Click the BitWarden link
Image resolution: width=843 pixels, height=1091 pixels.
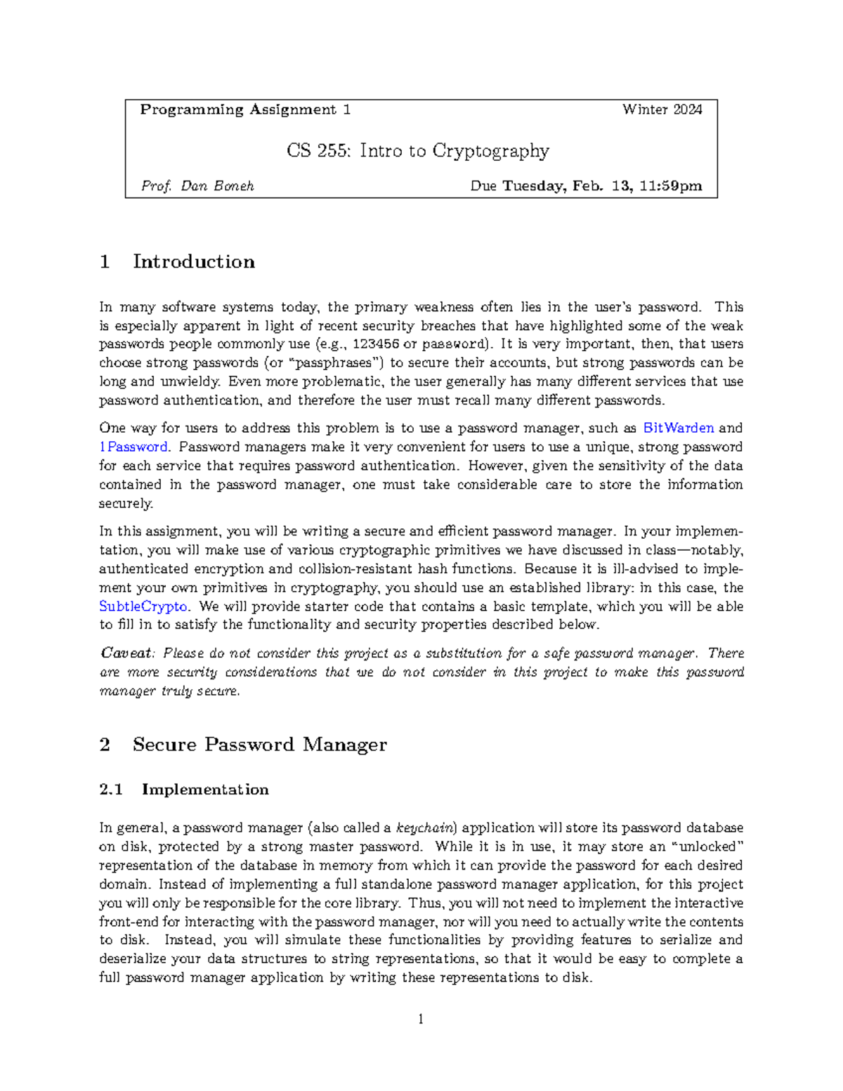679,428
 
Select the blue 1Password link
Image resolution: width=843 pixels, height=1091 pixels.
133,447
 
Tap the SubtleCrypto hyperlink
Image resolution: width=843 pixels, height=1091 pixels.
143,606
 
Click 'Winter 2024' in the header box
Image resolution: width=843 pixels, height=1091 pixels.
662,110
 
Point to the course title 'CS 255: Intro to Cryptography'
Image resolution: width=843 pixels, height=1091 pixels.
418,151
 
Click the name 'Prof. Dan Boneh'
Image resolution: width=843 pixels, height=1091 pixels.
197,186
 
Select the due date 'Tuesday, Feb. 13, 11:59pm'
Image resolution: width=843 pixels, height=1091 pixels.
602,186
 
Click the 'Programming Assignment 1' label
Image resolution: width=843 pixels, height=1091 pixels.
245,110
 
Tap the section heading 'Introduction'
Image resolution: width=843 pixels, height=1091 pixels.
194,262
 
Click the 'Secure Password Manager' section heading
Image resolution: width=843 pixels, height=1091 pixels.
259,745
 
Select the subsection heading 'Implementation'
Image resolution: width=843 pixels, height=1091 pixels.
205,790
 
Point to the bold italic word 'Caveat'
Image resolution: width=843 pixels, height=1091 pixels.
126,653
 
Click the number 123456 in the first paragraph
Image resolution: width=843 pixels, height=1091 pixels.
376,344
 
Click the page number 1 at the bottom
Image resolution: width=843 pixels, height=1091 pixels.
421,1019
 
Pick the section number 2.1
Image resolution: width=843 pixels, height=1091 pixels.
111,790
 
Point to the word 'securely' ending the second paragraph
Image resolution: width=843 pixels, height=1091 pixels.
125,504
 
